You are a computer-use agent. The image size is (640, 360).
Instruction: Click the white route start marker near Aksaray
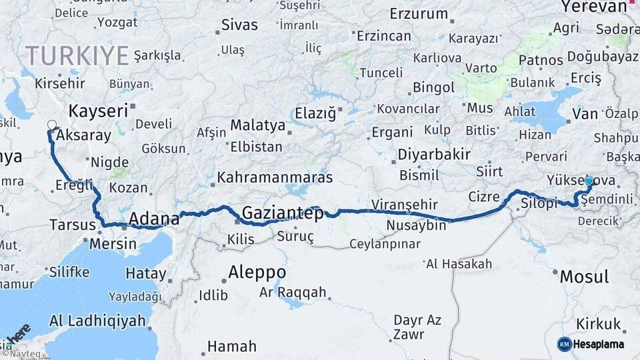52,124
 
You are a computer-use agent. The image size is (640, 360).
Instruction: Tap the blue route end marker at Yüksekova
589,181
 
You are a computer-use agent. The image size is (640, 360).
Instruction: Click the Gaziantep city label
283,213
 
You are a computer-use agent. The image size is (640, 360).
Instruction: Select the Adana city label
153,219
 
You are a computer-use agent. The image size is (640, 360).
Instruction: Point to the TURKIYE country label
77,55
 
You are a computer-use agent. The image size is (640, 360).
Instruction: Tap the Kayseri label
98,111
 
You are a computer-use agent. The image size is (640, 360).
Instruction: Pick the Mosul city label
584,277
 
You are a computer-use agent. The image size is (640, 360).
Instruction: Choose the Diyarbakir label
434,155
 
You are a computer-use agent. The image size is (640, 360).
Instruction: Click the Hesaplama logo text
599,344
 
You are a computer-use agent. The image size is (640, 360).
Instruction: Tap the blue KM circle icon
565,344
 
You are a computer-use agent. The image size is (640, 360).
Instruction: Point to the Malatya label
257,125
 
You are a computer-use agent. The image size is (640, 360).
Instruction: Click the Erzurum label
419,14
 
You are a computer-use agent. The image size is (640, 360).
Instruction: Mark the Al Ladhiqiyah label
97,321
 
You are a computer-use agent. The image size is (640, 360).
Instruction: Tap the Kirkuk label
599,324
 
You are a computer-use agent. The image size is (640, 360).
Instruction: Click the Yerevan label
594,7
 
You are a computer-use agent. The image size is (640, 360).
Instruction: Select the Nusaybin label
416,225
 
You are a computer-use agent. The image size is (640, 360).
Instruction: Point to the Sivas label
240,25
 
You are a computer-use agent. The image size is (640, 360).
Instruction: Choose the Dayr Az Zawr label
417,327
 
